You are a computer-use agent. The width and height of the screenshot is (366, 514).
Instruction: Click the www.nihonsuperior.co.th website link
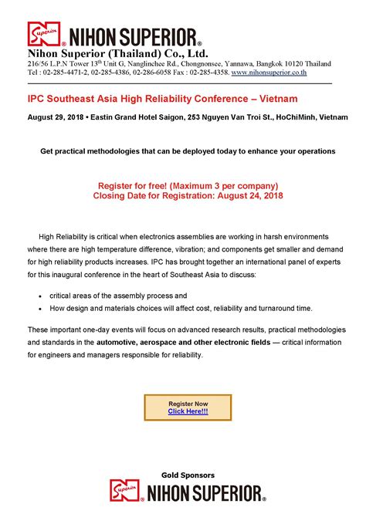point(269,72)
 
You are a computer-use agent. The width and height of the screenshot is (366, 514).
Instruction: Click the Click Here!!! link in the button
point(188,411)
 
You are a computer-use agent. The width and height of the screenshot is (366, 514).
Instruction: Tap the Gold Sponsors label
point(188,475)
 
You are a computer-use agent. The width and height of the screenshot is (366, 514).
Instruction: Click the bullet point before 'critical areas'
point(39,296)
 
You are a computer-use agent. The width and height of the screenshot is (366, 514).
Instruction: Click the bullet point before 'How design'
point(39,309)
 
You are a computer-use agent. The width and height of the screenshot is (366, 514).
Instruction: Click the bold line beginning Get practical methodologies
point(188,151)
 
